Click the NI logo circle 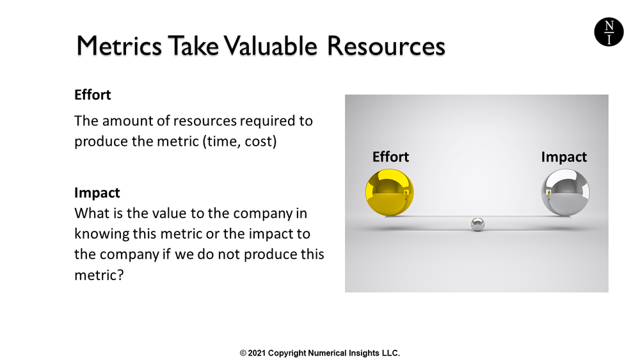[608, 32]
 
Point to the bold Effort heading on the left [93, 95]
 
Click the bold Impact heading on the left [97, 192]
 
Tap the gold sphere [389, 192]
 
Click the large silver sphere [565, 192]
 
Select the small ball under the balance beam [477, 224]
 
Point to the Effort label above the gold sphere [390, 157]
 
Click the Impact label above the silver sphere [563, 157]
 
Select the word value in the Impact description [166, 213]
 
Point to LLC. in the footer [390, 353]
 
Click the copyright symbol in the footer [243, 353]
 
